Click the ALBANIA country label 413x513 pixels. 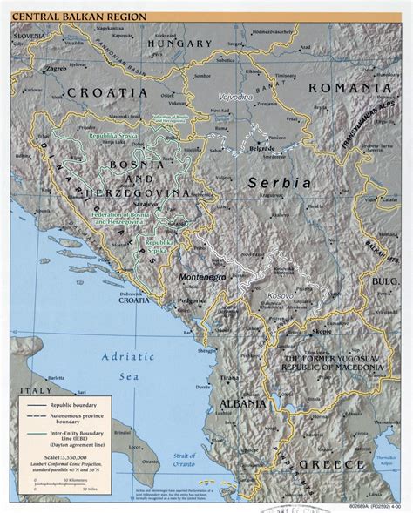tap(241, 405)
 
